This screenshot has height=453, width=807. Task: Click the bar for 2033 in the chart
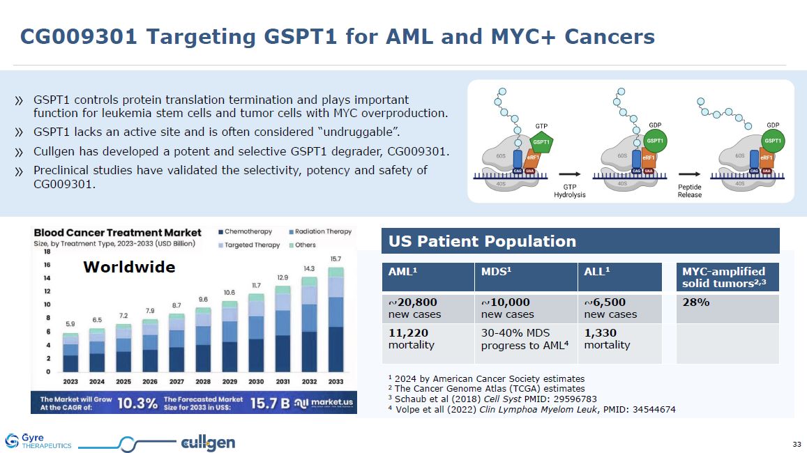pos(335,321)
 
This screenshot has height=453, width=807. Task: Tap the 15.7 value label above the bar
pos(335,259)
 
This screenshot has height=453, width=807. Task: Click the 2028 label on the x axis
pos(203,381)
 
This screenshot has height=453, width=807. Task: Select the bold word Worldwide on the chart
pos(129,268)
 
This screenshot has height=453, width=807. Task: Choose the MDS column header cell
pos(525,277)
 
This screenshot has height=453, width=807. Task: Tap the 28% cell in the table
pos(727,308)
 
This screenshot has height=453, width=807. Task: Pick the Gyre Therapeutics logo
pos(38,441)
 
